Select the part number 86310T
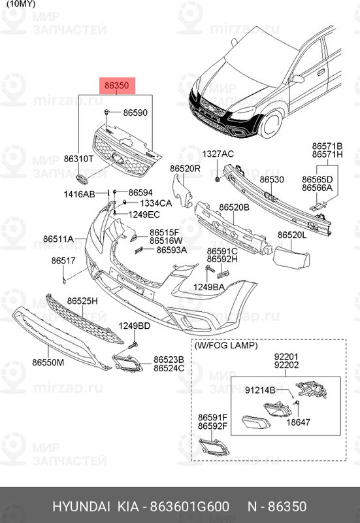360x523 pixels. (x=78, y=159)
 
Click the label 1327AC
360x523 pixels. (x=218, y=154)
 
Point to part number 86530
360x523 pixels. (x=272, y=179)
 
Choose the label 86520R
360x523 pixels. (x=185, y=168)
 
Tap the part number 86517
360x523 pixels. (x=63, y=260)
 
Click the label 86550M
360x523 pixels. (x=48, y=362)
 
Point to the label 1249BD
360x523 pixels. (x=134, y=326)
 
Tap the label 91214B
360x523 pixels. (x=260, y=390)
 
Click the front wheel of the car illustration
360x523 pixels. (x=270, y=122)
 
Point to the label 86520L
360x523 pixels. (x=291, y=235)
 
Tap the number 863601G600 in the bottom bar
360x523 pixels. (x=190, y=507)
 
